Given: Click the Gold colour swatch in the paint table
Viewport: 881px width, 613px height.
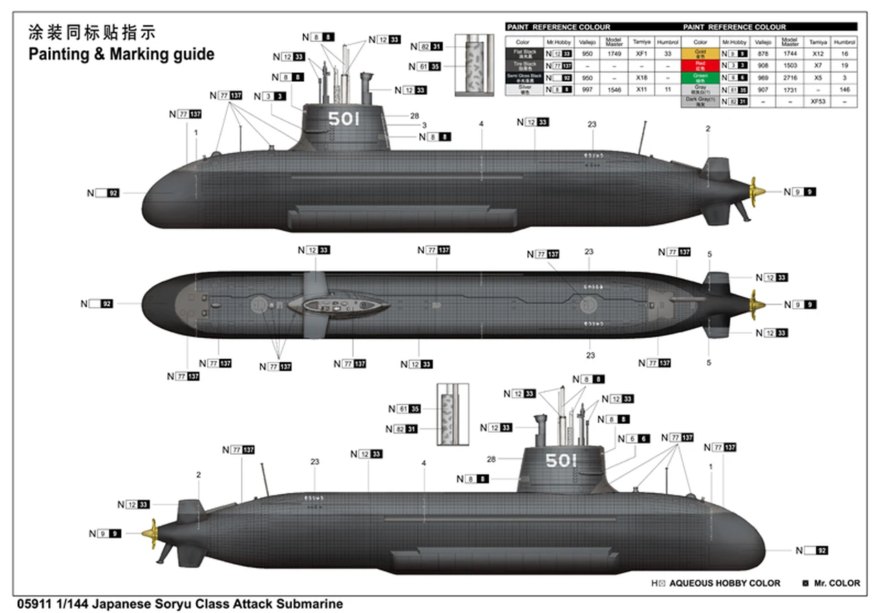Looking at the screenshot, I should (x=700, y=53).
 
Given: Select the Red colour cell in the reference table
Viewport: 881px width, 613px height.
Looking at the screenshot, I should (x=700, y=65).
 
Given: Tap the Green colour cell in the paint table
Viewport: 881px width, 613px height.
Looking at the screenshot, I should (x=700, y=77).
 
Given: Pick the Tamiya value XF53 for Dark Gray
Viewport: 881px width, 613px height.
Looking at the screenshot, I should (x=818, y=101).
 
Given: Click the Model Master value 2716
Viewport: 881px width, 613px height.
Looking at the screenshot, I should (x=790, y=77).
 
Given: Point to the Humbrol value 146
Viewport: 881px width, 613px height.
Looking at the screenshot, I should (x=845, y=89).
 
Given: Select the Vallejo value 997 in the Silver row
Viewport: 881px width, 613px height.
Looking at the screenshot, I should (x=586, y=89).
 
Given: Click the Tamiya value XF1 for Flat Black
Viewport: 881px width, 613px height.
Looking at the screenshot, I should (x=641, y=53).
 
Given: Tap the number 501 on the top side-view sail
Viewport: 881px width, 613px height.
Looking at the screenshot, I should (x=344, y=119).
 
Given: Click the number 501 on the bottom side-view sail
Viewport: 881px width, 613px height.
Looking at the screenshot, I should (x=561, y=460).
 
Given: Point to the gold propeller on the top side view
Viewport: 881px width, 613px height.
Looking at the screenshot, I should (x=756, y=191).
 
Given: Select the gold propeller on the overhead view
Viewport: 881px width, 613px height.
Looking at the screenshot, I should (x=756, y=303).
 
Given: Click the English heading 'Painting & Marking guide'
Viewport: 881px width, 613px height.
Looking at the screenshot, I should (x=121, y=54).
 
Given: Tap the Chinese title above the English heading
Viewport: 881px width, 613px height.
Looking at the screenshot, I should (x=92, y=32).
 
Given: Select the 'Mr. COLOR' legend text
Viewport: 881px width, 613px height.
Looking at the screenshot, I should (x=836, y=583).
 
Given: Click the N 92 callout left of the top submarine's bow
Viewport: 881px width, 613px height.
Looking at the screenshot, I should (x=103, y=193).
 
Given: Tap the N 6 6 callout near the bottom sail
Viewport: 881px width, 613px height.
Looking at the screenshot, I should (x=633, y=439).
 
